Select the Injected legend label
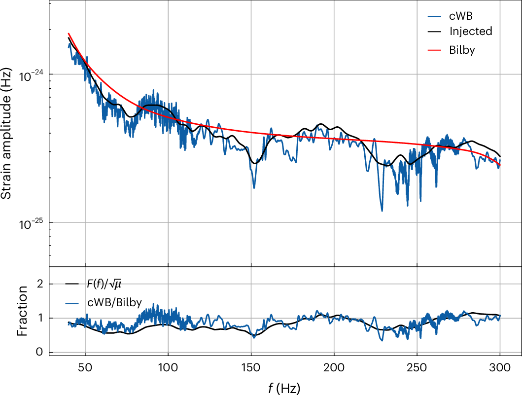pos(470,32)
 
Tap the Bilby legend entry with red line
pos(462,50)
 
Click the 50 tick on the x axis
pos(85,368)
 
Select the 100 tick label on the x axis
pos(168,368)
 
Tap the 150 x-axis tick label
pos(251,368)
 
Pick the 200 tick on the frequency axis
pos(334,368)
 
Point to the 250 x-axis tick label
pos(417,368)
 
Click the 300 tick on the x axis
pos(500,368)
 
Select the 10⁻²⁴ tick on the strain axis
pos(32,75)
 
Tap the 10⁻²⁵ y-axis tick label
pos(32,223)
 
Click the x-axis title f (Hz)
pos(284,387)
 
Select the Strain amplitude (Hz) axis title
pos(7,134)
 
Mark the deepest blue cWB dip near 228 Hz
pos(382,211)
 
